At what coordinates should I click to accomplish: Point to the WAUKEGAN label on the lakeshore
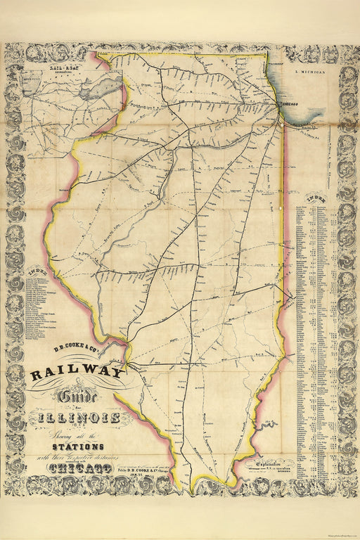coord(279,63)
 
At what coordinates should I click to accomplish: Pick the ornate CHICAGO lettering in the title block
coord(73,469)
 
